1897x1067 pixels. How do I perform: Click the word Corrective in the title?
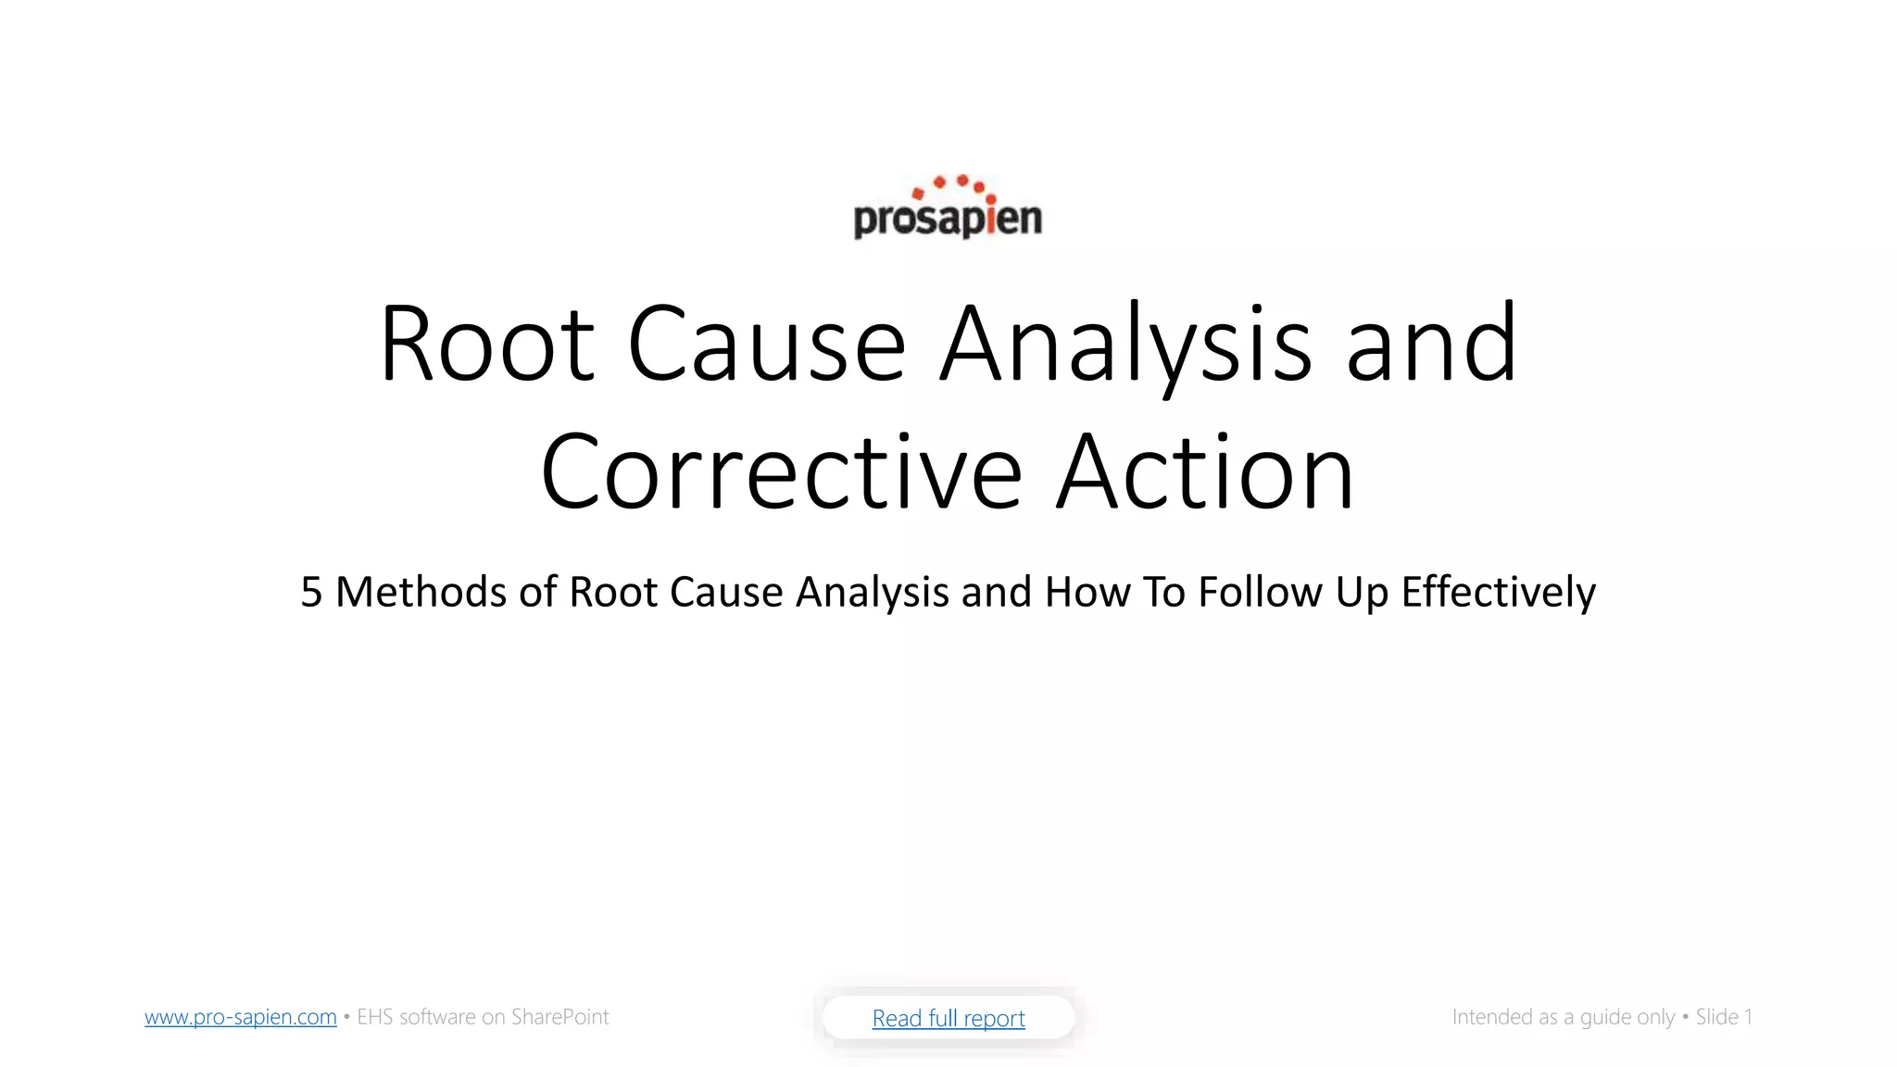tap(781, 472)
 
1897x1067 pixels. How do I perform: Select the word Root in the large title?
tap(486, 344)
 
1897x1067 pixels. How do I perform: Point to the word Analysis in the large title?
tap(1125, 344)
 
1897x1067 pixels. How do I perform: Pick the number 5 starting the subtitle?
tap(311, 592)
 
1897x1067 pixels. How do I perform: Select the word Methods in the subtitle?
tap(421, 592)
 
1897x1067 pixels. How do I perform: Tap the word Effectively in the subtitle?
tap(1498, 592)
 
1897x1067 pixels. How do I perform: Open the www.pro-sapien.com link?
tap(241, 1017)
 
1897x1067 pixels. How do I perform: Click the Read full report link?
tap(948, 1018)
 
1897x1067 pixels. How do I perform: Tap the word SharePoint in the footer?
tap(559, 1017)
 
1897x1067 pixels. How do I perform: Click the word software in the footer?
tap(437, 1017)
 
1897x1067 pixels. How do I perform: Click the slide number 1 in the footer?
tap(1748, 1017)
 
